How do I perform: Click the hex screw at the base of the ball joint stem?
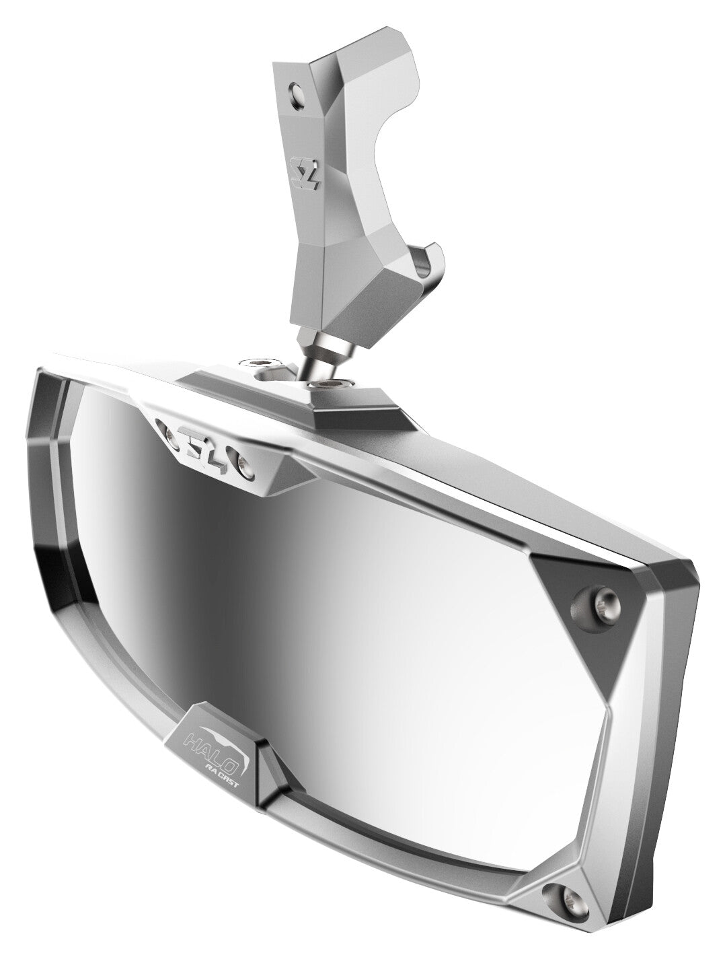(x=330, y=384)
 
